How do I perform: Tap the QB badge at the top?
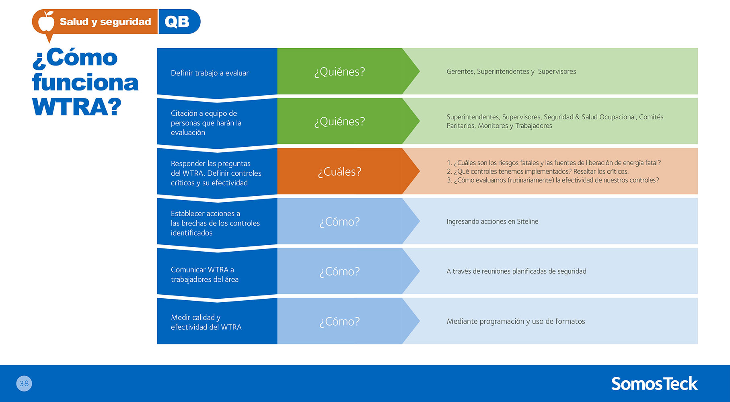click(x=179, y=22)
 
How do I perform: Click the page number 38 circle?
click(x=24, y=384)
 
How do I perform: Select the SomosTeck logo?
click(x=654, y=384)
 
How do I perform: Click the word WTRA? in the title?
click(x=77, y=107)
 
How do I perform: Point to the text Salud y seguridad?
click(x=105, y=22)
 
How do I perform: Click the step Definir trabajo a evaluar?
click(x=210, y=73)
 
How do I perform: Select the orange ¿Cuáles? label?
click(x=339, y=172)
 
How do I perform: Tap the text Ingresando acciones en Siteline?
click(x=492, y=222)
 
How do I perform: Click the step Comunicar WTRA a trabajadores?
click(x=205, y=275)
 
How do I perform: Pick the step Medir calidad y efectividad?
click(x=206, y=322)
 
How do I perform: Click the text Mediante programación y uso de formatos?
click(x=516, y=321)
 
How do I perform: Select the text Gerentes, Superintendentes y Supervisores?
click(x=511, y=72)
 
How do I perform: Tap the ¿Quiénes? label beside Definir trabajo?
click(x=339, y=72)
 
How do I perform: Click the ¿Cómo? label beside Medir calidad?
click(x=339, y=322)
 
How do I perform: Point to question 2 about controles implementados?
click(x=538, y=172)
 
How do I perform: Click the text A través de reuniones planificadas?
click(x=516, y=271)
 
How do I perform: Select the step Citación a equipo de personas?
click(x=206, y=123)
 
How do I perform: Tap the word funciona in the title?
click(x=85, y=82)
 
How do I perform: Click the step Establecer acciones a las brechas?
click(x=215, y=223)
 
